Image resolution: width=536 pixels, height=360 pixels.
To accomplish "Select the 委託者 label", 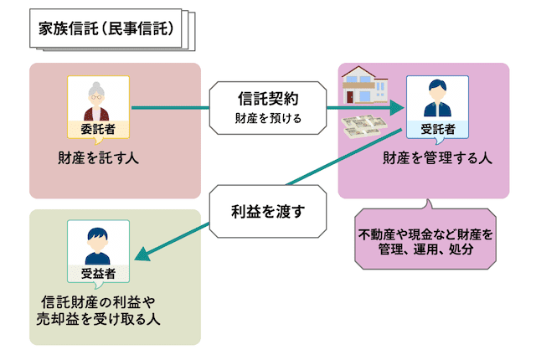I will (98, 129).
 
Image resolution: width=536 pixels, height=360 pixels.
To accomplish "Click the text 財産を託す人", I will (98, 157).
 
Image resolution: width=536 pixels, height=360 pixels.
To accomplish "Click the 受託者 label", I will (436, 129).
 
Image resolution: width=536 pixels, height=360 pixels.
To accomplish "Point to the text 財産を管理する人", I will (437, 157).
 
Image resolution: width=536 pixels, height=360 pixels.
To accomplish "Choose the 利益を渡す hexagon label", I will (268, 210).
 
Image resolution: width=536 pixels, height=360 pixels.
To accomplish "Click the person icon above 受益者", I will (98, 243).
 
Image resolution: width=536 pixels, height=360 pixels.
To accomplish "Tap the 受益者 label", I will (98, 273).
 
